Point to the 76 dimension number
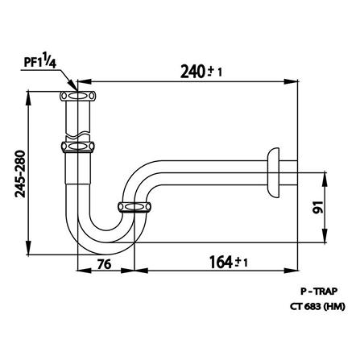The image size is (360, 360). click(104, 263)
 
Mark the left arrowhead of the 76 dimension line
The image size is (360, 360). click(79, 271)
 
